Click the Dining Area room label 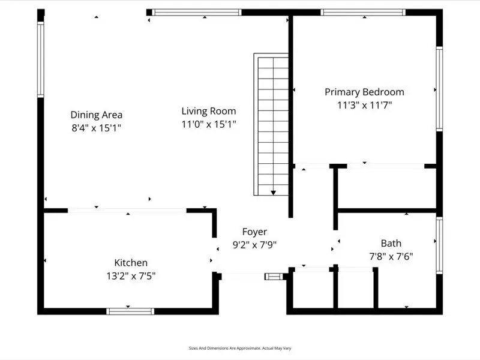click(x=97, y=115)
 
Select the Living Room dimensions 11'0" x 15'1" click(x=209, y=124)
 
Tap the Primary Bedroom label click(x=364, y=92)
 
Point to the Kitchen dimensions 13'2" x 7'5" click(x=131, y=276)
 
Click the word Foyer click(x=254, y=232)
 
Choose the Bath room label click(x=391, y=244)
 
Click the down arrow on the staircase click(x=274, y=193)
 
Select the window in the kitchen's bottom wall click(x=130, y=311)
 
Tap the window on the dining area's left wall click(x=41, y=59)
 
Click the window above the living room click(x=197, y=12)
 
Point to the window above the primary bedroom click(x=363, y=12)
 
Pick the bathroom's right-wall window click(x=439, y=245)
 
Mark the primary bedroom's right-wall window click(x=439, y=89)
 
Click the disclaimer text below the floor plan click(x=240, y=348)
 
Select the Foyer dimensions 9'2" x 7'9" click(x=254, y=245)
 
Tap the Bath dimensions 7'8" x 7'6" click(x=391, y=257)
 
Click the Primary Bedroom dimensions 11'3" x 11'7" click(x=365, y=106)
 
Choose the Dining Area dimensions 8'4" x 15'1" click(x=97, y=128)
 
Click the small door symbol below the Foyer click(x=274, y=277)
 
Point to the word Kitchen click(x=131, y=263)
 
